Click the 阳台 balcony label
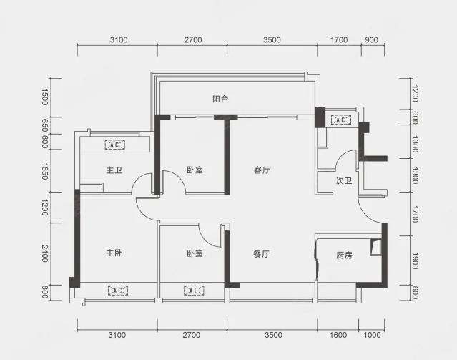[x=220, y=99]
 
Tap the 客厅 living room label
[x=262, y=170]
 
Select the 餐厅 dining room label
[x=262, y=254]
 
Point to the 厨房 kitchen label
[x=344, y=256]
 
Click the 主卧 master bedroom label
[x=114, y=253]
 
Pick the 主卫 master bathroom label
[x=114, y=170]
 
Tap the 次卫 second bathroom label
[x=344, y=180]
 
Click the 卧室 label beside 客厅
[x=195, y=170]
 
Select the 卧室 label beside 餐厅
[x=195, y=253]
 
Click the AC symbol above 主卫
[x=115, y=145]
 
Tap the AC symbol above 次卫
[x=341, y=120]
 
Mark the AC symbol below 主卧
[x=118, y=291]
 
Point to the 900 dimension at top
[x=372, y=39]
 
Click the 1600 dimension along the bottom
[x=338, y=335]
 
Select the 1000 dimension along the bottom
[x=372, y=335]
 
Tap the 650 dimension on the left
[x=44, y=125]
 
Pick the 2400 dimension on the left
[x=44, y=253]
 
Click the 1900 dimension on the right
[x=416, y=261]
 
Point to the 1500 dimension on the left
[x=44, y=97]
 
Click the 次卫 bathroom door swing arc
[x=341, y=156]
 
